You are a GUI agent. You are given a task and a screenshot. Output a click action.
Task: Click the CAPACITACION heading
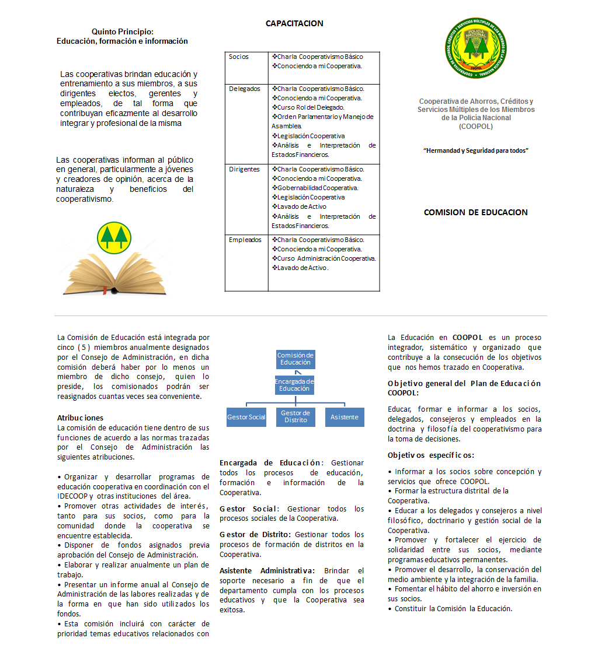coord(294,24)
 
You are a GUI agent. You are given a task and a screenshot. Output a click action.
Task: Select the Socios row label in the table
coord(239,57)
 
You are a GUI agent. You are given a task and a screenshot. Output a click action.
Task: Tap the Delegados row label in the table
coord(245,89)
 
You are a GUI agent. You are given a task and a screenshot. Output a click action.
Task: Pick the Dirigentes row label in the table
coord(244,170)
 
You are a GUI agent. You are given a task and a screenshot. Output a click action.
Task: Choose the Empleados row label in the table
coord(245,240)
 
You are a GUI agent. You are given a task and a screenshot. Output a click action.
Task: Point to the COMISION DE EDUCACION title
coord(475,213)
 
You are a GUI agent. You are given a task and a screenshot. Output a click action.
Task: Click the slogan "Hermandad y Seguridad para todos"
coord(475,151)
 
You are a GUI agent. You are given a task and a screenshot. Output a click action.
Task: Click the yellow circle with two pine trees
coord(114,237)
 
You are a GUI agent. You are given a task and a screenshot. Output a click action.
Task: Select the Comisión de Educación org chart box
coord(295,359)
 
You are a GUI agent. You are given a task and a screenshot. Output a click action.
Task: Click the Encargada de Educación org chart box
coord(295,385)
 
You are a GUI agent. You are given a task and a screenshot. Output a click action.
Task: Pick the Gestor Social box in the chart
coord(246,417)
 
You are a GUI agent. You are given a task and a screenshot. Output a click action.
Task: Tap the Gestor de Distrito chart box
coord(295,417)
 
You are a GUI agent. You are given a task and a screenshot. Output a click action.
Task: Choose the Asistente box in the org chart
coord(345,417)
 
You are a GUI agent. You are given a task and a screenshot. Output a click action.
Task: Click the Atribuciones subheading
coord(80,418)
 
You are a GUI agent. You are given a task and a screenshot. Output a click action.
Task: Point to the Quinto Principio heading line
coord(123,31)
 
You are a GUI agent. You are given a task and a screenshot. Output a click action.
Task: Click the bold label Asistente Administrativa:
coord(267,571)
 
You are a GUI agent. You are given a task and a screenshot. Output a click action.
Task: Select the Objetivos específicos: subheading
coord(431,455)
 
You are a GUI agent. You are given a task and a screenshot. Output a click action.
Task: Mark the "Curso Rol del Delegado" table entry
coord(311,108)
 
